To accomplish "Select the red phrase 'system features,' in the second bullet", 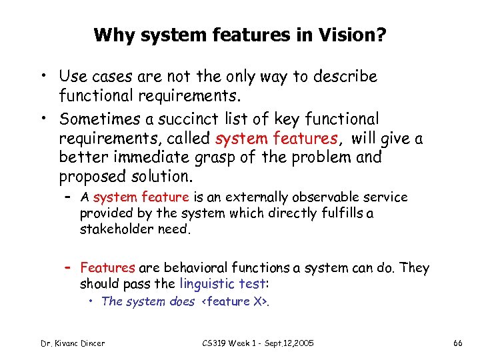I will point(277,139).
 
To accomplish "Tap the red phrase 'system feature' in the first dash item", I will point(141,197).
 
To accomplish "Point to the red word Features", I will point(107,268).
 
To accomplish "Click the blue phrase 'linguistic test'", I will point(221,283).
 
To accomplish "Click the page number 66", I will point(457,343).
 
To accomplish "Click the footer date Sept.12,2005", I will point(286,343).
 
